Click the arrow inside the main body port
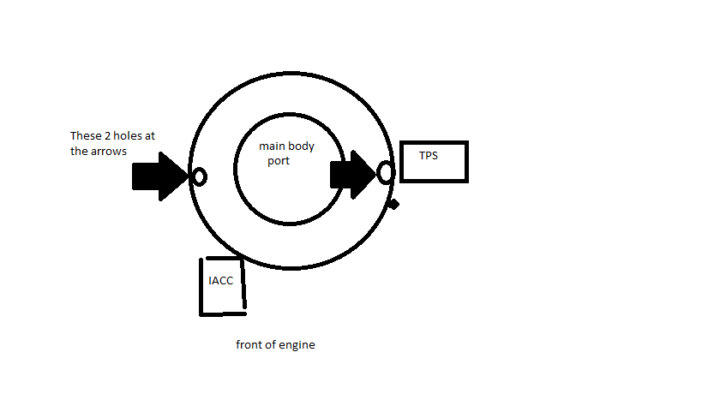click(x=352, y=174)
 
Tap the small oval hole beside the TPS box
click(x=386, y=172)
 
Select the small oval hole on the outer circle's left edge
click(x=199, y=177)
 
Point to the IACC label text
click(x=221, y=280)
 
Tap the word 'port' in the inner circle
click(x=279, y=160)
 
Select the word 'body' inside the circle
click(x=302, y=146)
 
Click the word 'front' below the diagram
click(x=249, y=345)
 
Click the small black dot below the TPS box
click(x=393, y=204)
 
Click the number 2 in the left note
click(x=105, y=136)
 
